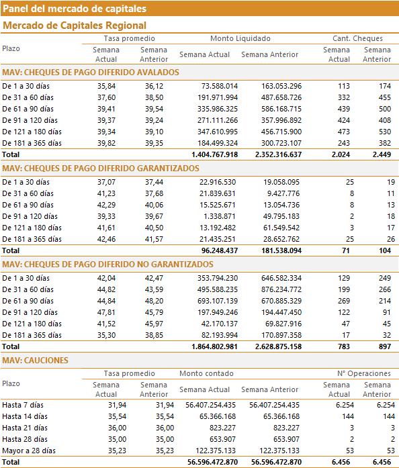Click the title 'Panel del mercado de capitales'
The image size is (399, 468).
(75, 9)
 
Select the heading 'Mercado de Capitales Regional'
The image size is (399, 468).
(75, 26)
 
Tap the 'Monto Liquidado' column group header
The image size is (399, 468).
(240, 38)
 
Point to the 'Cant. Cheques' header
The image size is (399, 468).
(357, 38)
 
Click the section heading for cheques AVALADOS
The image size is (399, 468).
(91, 73)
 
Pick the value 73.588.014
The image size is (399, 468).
(220, 86)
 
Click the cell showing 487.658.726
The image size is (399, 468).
(281, 97)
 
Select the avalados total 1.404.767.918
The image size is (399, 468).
(215, 154)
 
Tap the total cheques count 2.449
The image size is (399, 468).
(382, 154)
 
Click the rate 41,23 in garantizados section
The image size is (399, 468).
(106, 193)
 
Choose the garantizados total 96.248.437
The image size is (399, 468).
(220, 250)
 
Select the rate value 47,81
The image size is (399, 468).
(106, 312)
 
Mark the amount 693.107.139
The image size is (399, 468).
(218, 301)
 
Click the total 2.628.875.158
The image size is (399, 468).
(278, 347)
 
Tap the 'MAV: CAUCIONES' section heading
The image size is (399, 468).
(35, 361)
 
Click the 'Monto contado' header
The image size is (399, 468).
(206, 374)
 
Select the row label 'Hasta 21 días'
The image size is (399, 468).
(25, 428)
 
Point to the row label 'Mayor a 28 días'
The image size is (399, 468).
(29, 451)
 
